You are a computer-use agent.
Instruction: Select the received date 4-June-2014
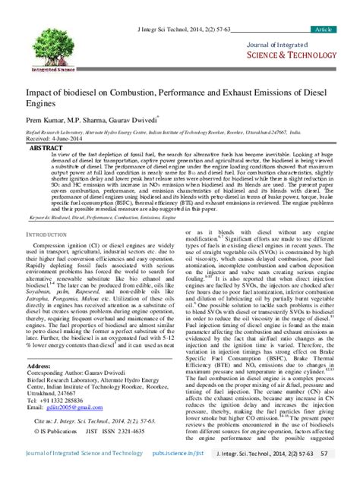pos(66,139)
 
